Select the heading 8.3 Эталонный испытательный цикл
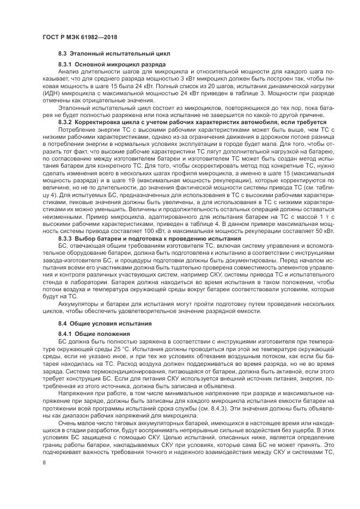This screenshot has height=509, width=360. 114,54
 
